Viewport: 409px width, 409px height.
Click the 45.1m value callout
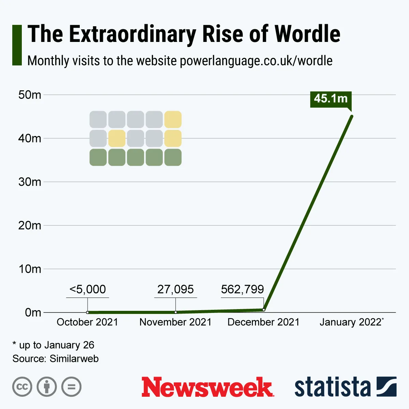point(331,99)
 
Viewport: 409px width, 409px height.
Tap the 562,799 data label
point(242,289)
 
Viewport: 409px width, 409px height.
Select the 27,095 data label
point(176,289)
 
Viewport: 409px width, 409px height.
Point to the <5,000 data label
point(88,289)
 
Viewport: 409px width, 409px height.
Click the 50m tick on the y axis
point(30,95)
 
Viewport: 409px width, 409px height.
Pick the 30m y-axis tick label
point(30,182)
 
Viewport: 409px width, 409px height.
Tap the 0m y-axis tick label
point(33,313)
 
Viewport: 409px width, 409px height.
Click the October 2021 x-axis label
point(87,322)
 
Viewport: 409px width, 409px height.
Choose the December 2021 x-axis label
point(263,322)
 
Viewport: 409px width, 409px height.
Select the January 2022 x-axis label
point(351,322)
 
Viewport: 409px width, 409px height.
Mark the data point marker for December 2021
point(263,310)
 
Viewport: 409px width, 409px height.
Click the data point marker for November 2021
point(176,312)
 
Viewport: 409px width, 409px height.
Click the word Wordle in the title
point(307,34)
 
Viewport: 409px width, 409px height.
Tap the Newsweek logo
point(208,387)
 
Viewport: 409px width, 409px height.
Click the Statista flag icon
point(387,387)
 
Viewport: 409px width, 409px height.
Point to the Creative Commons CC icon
point(22,387)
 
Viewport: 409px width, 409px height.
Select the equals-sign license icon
point(72,387)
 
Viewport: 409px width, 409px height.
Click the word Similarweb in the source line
point(74,359)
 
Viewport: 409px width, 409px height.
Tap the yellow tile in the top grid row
point(173,120)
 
